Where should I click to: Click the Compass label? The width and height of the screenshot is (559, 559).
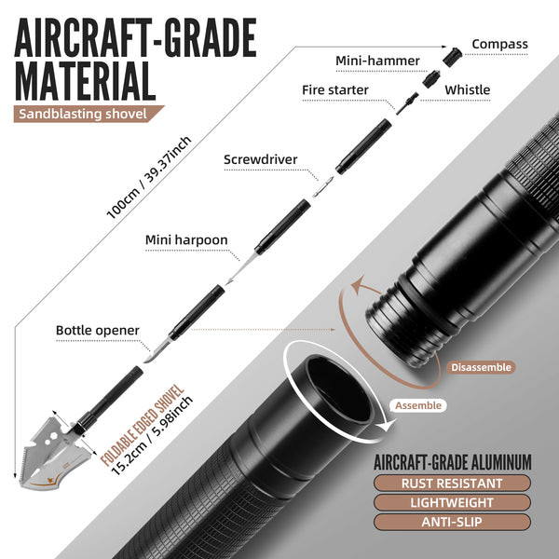[499, 44]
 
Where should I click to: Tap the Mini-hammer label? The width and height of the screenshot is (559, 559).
[377, 61]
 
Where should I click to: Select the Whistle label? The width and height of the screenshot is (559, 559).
[467, 89]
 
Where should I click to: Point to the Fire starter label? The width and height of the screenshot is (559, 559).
[335, 89]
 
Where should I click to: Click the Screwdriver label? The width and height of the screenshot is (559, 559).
[260, 159]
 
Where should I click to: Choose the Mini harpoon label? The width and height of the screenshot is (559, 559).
[186, 240]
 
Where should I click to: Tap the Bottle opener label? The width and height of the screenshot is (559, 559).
[97, 331]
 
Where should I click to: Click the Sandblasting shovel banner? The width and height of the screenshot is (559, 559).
[86, 114]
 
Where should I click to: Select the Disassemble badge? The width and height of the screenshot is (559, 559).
[481, 367]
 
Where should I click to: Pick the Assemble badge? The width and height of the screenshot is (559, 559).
[418, 405]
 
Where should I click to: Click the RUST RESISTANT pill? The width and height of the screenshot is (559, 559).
[452, 484]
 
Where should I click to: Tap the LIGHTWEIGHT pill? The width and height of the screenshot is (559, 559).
[452, 503]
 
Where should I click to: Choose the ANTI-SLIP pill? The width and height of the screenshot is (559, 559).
[452, 522]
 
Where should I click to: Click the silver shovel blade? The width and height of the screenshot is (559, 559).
[53, 457]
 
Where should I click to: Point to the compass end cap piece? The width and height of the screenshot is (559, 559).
[453, 57]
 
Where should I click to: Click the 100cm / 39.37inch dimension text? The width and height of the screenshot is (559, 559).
[149, 177]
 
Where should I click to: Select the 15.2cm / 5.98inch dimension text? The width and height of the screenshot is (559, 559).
[152, 435]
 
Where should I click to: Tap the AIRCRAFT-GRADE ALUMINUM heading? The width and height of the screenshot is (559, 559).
[453, 462]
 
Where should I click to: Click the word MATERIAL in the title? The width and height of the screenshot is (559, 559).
[85, 81]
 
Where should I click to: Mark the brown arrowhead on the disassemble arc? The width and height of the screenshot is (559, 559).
[360, 284]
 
